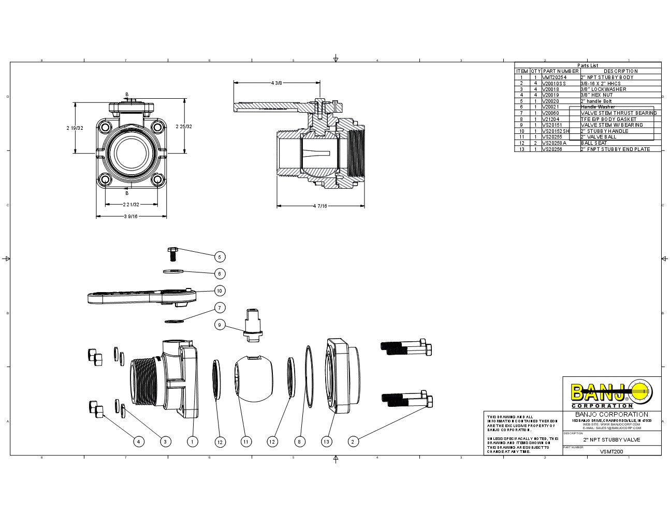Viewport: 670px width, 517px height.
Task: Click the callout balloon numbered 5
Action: pyautogui.click(x=219, y=257)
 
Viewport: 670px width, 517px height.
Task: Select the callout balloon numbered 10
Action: pyautogui.click(x=219, y=291)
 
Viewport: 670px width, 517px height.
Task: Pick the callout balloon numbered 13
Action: pyautogui.click(x=326, y=442)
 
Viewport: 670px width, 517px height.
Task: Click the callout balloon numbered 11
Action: pyautogui.click(x=246, y=442)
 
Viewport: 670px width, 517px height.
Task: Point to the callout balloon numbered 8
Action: pyautogui.click(x=299, y=442)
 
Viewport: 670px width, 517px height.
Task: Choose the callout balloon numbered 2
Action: pyautogui.click(x=353, y=442)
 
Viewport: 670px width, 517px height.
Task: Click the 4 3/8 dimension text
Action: pyautogui.click(x=276, y=83)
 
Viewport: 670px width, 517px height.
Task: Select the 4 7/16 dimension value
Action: pyautogui.click(x=321, y=206)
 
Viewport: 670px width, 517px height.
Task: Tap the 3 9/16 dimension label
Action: pyautogui.click(x=130, y=217)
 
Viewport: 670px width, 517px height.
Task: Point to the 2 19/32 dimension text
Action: pyautogui.click(x=75, y=127)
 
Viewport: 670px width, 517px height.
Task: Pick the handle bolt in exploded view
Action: pyautogui.click(x=172, y=254)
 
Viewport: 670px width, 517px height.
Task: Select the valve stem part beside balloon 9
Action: pyautogui.click(x=253, y=325)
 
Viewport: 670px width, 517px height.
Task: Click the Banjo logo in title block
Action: pyautogui.click(x=611, y=394)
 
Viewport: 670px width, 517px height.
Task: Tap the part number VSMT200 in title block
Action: pyautogui.click(x=611, y=451)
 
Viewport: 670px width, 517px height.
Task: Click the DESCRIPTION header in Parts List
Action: pyautogui.click(x=620, y=71)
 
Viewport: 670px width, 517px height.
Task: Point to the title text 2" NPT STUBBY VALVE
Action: pyautogui.click(x=611, y=440)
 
